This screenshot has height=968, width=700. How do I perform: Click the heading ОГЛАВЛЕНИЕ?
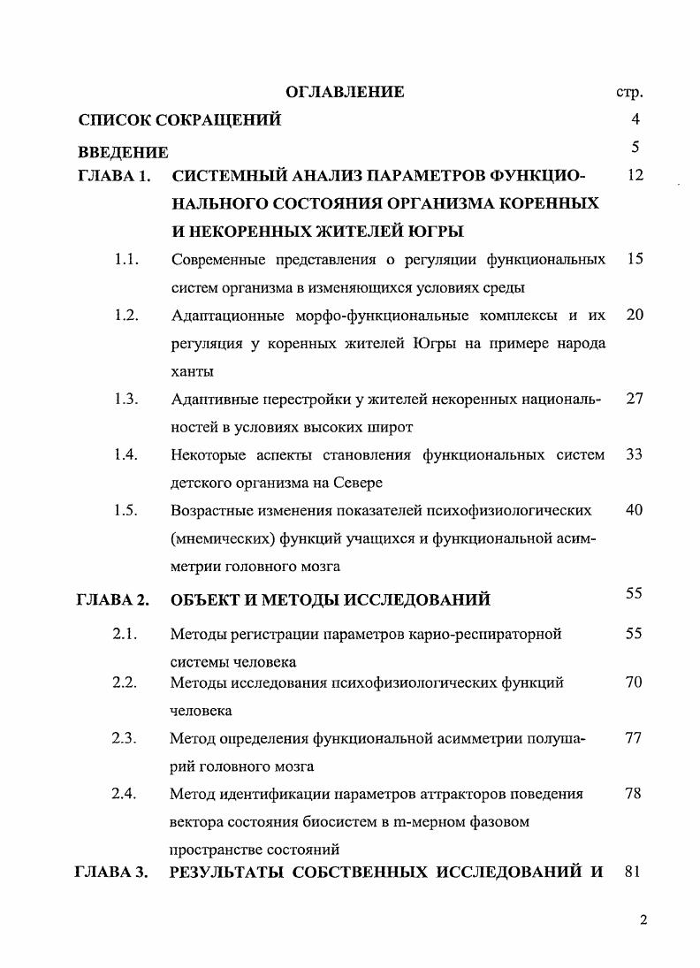(346, 92)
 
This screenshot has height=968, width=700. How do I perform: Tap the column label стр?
(628, 92)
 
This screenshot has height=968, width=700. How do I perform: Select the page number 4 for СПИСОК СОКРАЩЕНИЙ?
(635, 119)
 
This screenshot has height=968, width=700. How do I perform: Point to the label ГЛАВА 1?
(114, 176)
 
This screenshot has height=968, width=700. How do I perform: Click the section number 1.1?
(126, 260)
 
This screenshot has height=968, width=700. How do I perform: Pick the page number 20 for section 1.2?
(634, 315)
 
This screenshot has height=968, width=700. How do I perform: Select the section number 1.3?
(126, 399)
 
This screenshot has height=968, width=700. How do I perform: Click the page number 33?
(634, 454)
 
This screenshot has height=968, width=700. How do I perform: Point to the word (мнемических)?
(217, 538)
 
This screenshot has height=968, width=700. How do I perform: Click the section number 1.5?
(126, 510)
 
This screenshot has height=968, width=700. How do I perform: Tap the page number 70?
(634, 682)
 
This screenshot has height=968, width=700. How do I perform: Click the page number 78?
(634, 793)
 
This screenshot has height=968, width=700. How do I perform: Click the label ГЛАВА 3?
(114, 872)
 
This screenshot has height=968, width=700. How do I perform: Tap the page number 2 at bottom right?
(643, 920)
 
